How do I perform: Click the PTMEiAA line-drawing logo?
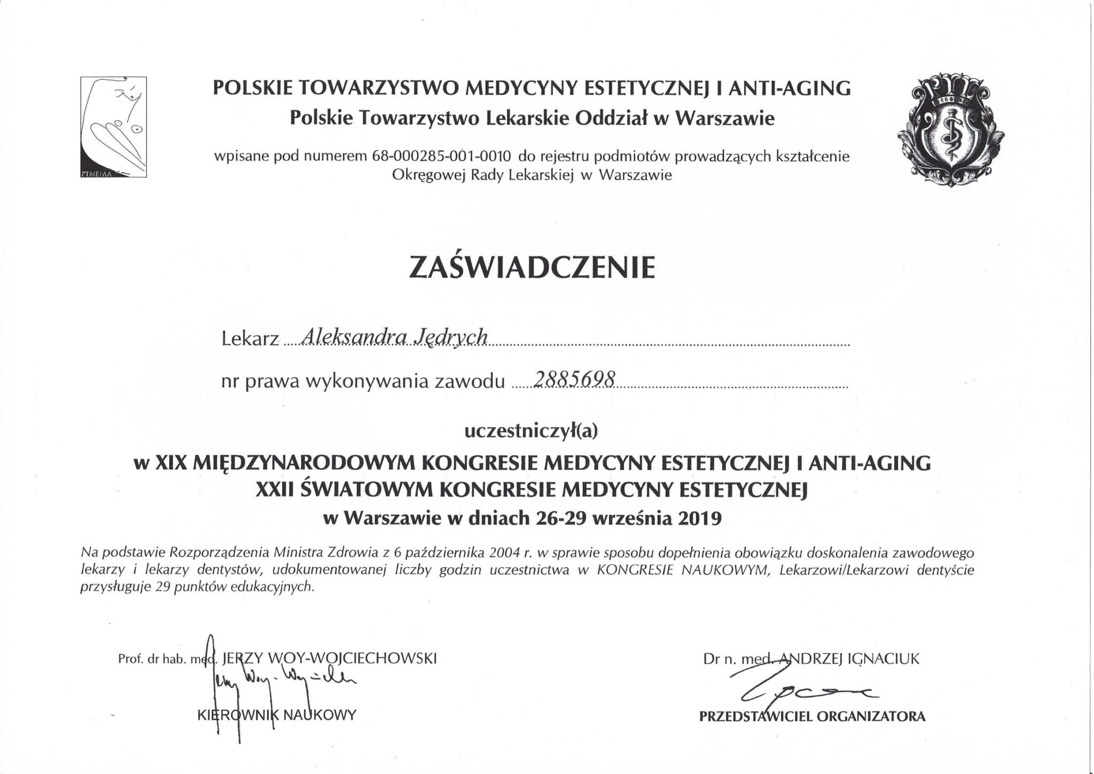pos(113,127)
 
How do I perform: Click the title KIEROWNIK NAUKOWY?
pos(276,715)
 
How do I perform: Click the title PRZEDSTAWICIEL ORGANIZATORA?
pos(812,716)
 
